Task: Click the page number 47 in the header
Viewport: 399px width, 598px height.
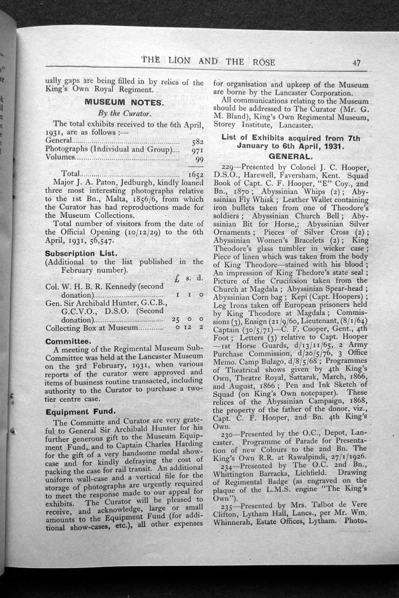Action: [x=357, y=63]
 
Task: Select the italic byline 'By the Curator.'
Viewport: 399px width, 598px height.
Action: [x=123, y=113]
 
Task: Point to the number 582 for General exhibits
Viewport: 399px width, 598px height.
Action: [x=198, y=141]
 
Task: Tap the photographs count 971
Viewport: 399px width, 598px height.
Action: [x=198, y=150]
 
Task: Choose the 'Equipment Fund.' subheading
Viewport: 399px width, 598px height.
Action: [x=80, y=412]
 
